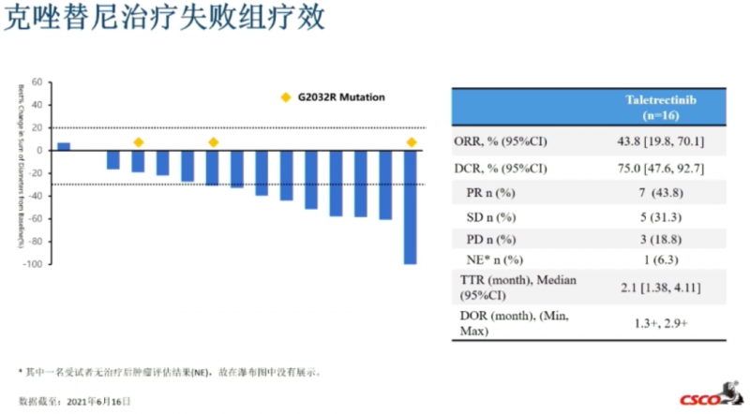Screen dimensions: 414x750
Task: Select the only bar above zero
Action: [x=64, y=146]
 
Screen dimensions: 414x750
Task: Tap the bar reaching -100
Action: [x=410, y=207]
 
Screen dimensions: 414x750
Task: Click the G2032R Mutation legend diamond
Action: [x=286, y=96]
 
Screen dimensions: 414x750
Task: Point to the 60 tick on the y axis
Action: [x=37, y=81]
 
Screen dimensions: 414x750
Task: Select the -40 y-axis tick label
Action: [x=36, y=197]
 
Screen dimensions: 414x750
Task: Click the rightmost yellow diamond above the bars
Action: [x=411, y=142]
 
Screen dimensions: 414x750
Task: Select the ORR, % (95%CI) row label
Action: [x=502, y=142]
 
